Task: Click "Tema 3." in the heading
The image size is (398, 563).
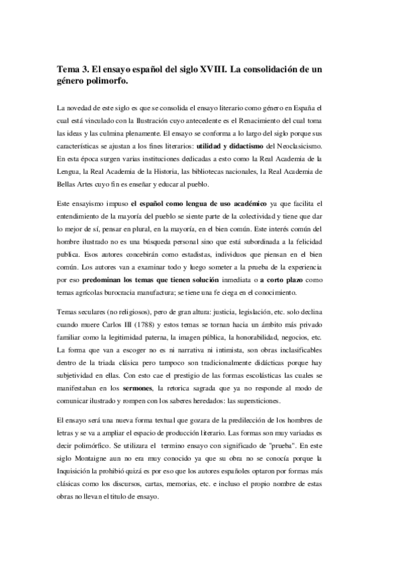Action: coord(73,70)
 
